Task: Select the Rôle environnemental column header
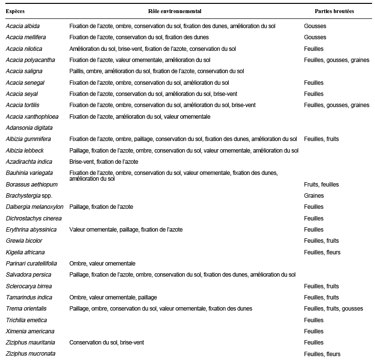point(174,11)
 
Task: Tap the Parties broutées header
point(334,11)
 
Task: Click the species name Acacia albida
point(23,26)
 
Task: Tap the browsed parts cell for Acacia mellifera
point(315,37)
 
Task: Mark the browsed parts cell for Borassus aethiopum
point(321,185)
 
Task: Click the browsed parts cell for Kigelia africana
point(322,252)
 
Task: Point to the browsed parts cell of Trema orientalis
point(333,309)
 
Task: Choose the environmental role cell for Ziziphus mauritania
point(106,343)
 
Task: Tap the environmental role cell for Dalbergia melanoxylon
point(101,207)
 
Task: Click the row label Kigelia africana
point(25,252)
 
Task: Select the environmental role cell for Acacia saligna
point(156,71)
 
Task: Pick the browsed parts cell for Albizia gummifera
point(321,139)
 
